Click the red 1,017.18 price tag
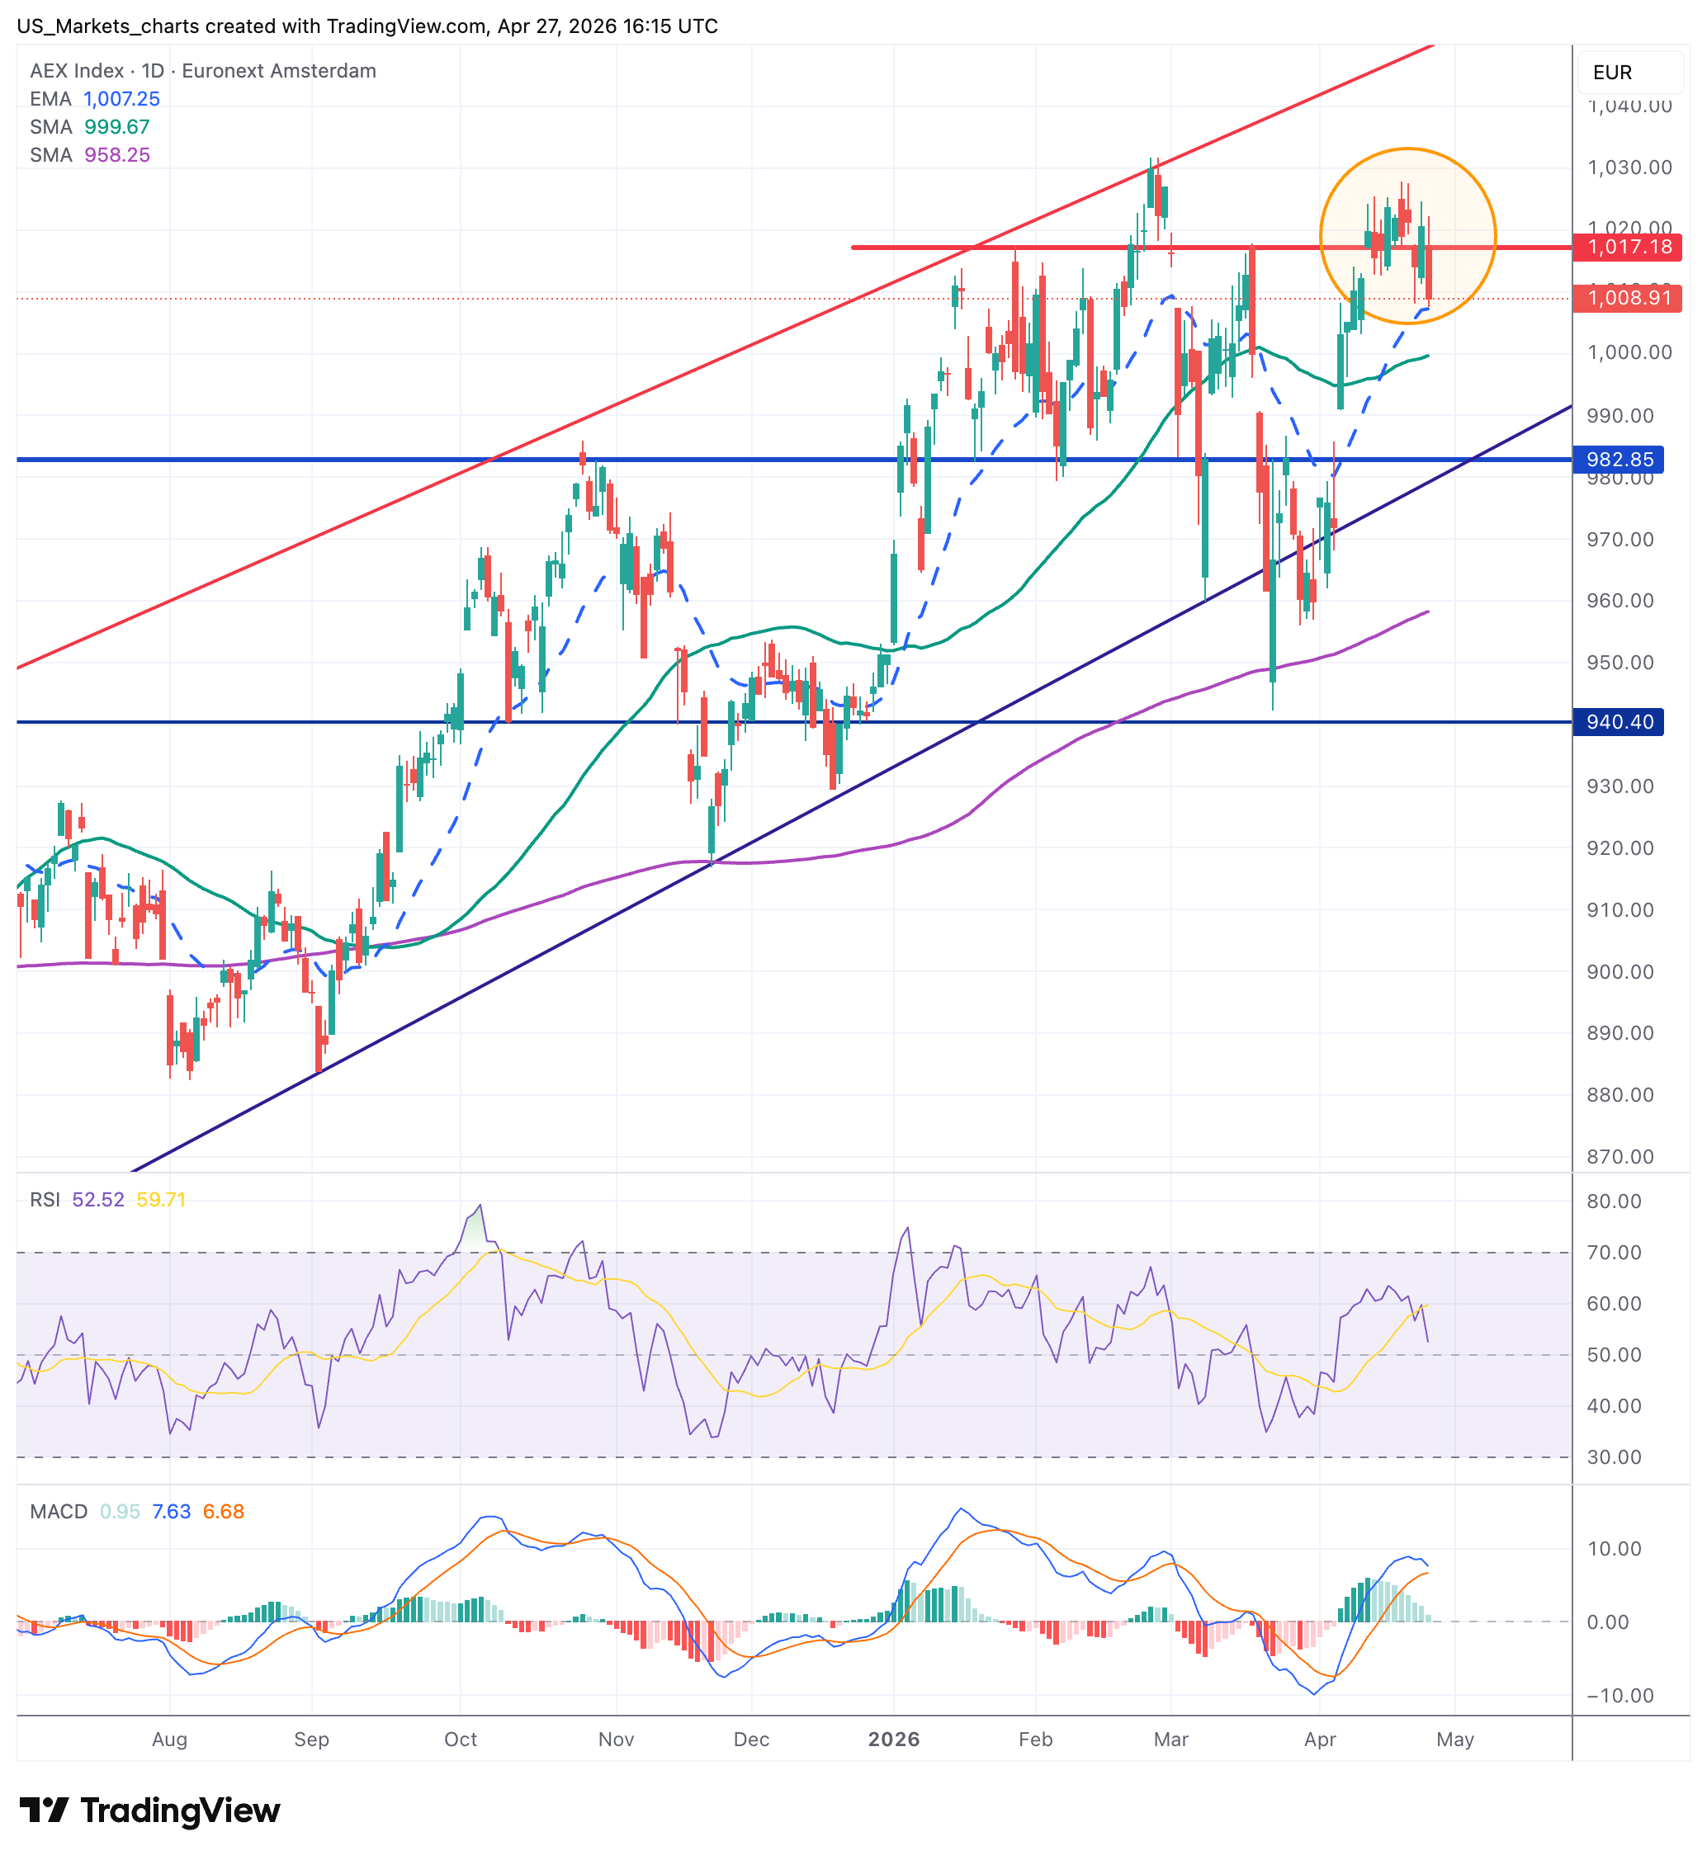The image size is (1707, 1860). coord(1629,247)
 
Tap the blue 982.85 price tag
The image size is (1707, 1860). coord(1620,459)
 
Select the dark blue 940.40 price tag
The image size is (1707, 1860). coord(1620,721)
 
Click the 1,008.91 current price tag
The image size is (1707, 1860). coord(1629,297)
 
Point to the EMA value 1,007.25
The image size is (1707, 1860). coord(121,99)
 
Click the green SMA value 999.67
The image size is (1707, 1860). coord(116,126)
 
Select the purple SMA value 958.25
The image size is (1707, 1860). coord(116,154)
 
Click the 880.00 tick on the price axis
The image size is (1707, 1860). coord(1620,1094)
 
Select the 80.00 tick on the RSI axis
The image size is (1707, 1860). coord(1614,1201)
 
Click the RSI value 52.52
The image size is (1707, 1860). coord(98,1199)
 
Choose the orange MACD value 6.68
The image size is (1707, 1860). coord(224,1511)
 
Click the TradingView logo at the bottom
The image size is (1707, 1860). coord(149,1810)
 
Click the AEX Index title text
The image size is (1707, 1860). coord(77,71)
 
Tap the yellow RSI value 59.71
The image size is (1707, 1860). coord(161,1199)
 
